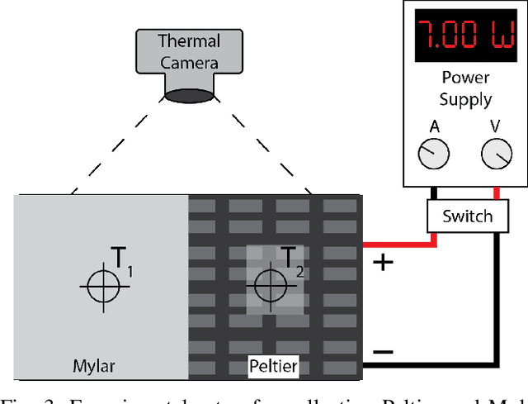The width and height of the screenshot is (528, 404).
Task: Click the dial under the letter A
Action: click(x=434, y=153)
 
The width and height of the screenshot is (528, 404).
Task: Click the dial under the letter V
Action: click(x=496, y=153)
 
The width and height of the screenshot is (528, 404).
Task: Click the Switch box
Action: click(x=467, y=216)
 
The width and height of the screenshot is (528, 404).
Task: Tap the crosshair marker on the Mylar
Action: click(x=103, y=286)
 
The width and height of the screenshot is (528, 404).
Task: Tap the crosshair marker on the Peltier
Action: click(x=269, y=286)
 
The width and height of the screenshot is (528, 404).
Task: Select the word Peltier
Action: click(x=274, y=366)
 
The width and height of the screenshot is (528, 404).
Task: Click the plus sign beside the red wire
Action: click(x=382, y=264)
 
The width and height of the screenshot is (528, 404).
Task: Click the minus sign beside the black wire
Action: click(x=382, y=351)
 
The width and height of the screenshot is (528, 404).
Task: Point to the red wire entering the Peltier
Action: click(x=396, y=245)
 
